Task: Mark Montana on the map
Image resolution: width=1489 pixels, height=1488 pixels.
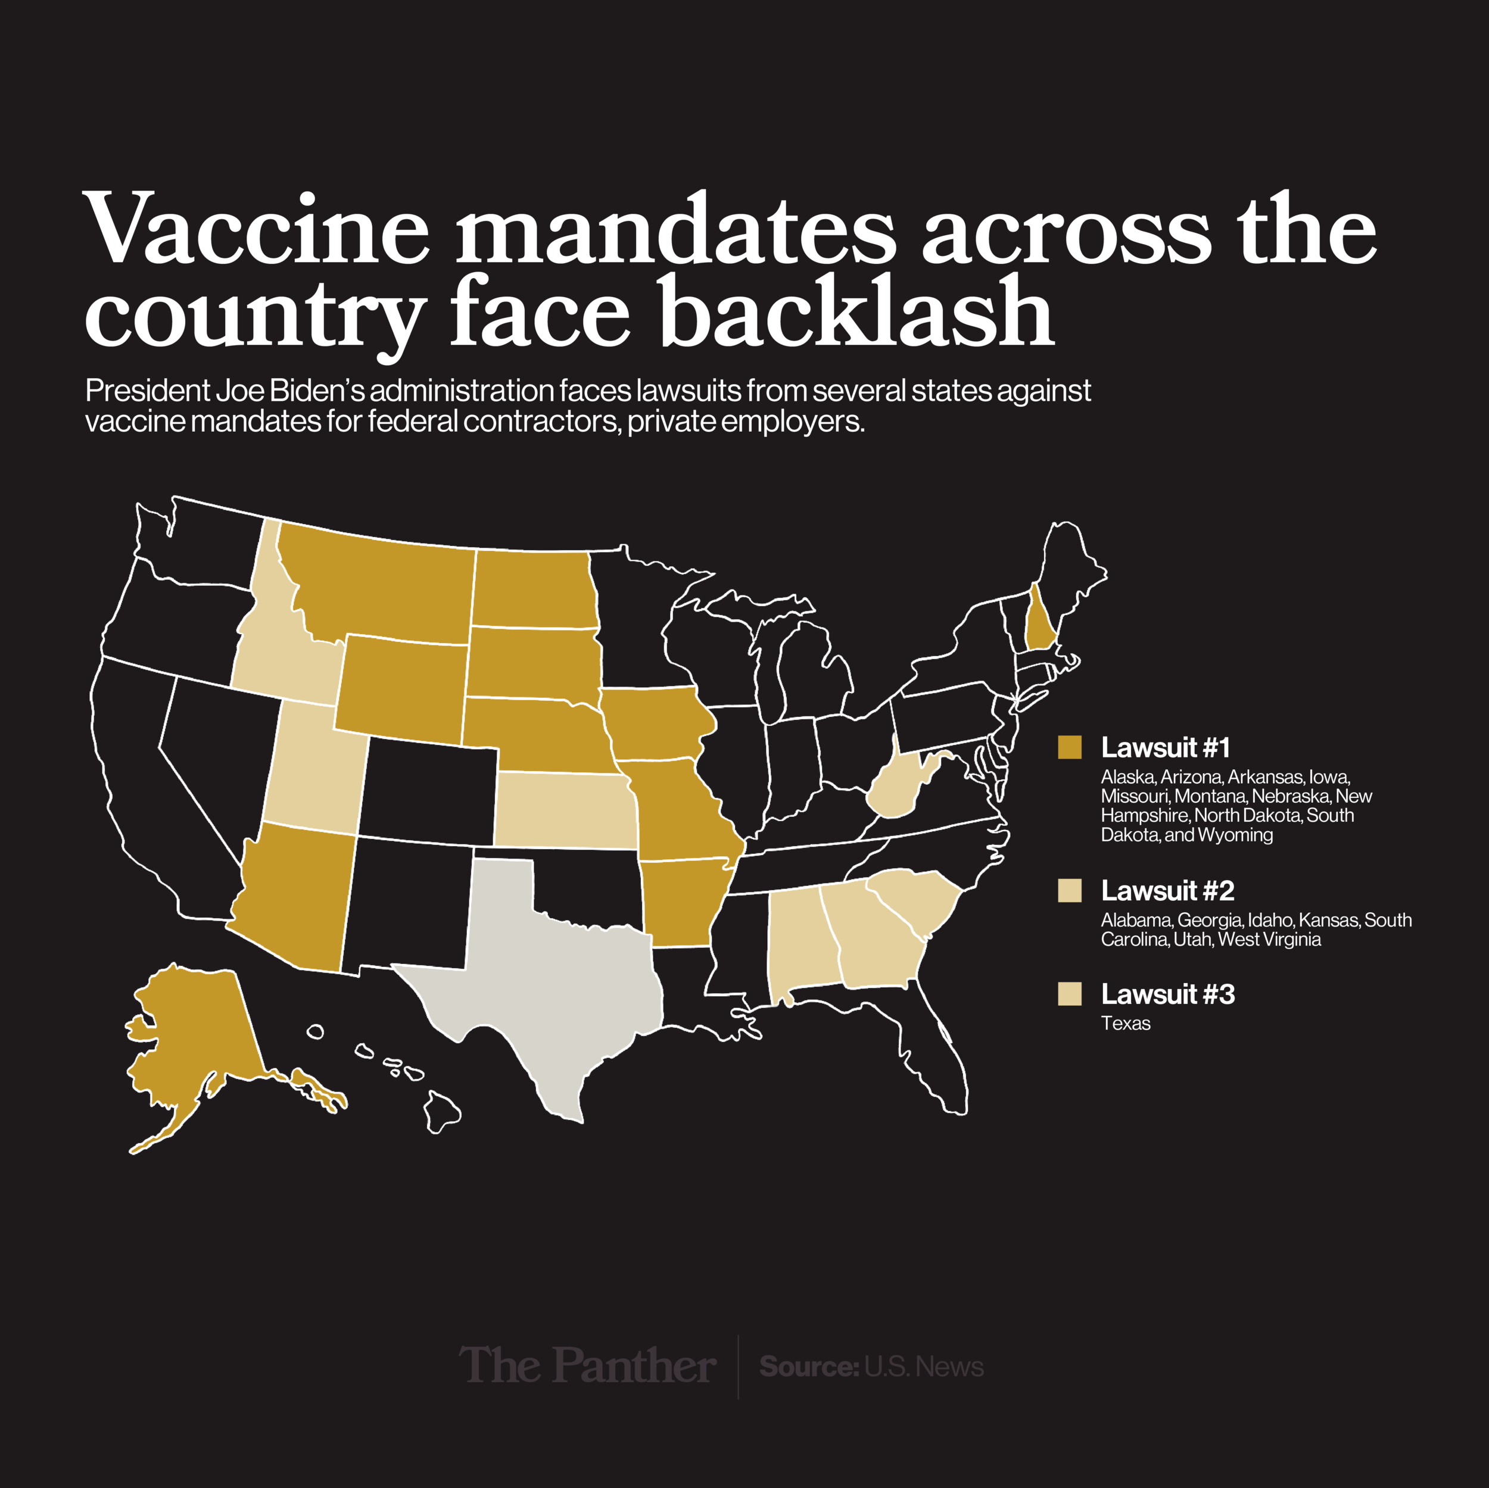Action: pyautogui.click(x=378, y=586)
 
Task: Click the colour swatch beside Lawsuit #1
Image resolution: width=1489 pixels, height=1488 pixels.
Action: pyautogui.click(x=1070, y=747)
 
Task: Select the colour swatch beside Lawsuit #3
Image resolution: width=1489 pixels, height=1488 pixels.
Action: pyautogui.click(x=1070, y=994)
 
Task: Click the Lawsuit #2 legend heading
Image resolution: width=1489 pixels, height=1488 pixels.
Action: pyautogui.click(x=1167, y=891)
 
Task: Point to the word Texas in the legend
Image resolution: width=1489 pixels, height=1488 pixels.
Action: pyautogui.click(x=1125, y=1024)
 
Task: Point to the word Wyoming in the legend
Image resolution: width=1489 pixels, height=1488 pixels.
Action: pyautogui.click(x=1235, y=835)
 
